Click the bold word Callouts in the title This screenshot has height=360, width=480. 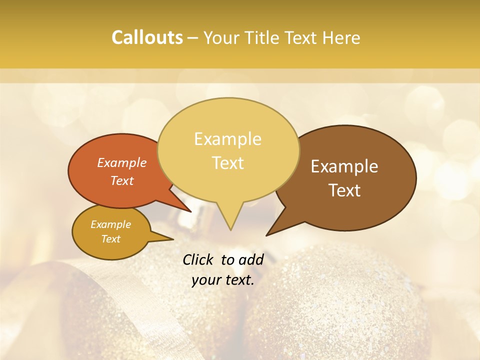point(147,37)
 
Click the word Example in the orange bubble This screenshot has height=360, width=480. point(122,163)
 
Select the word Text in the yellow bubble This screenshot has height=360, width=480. point(228,163)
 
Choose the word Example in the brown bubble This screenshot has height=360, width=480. point(344,166)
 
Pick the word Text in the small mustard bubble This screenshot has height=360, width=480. point(110,239)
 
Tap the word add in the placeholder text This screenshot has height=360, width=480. point(251,259)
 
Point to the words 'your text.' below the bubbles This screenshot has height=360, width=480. point(223,280)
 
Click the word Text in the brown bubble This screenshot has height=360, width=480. point(345,190)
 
